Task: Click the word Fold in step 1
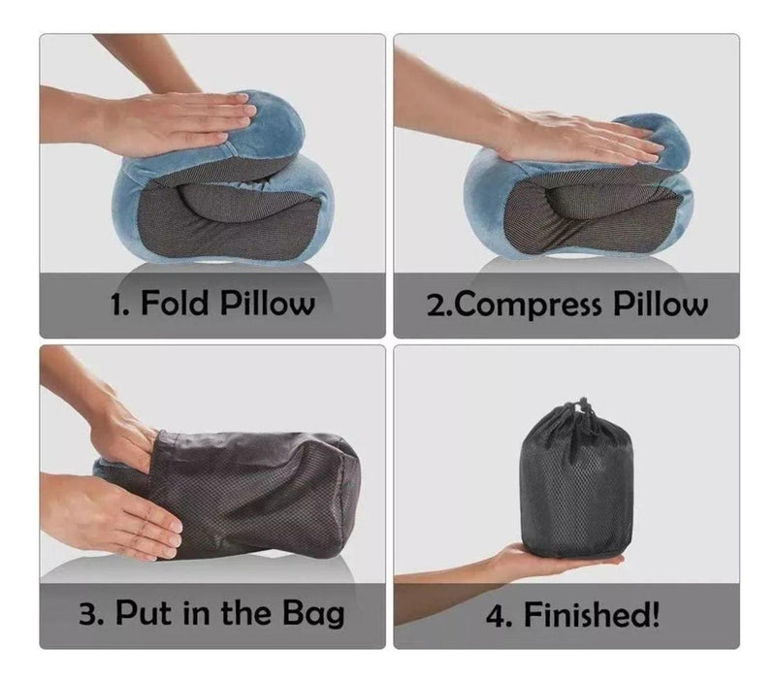tap(175, 303)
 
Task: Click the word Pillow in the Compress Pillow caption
tap(661, 304)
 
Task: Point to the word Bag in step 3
tap(313, 615)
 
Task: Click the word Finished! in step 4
tap(592, 614)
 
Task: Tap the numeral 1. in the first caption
tap(119, 304)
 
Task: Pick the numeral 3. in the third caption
tap(90, 614)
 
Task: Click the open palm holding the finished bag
tap(554, 561)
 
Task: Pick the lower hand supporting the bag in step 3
tap(113, 515)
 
